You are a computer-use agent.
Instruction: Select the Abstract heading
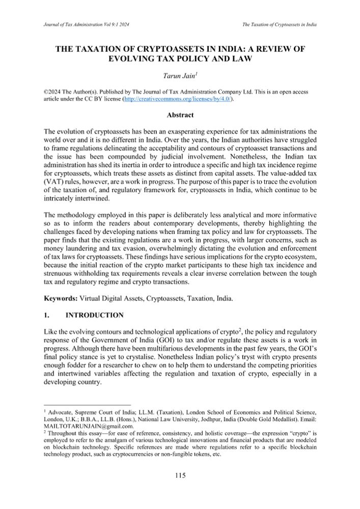[x=180, y=115]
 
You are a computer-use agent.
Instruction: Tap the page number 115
[x=180, y=475]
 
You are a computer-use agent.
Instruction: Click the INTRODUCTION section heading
[x=92, y=315]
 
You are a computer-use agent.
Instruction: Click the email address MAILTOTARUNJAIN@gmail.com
[x=84, y=426]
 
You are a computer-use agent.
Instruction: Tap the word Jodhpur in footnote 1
[x=181, y=419]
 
